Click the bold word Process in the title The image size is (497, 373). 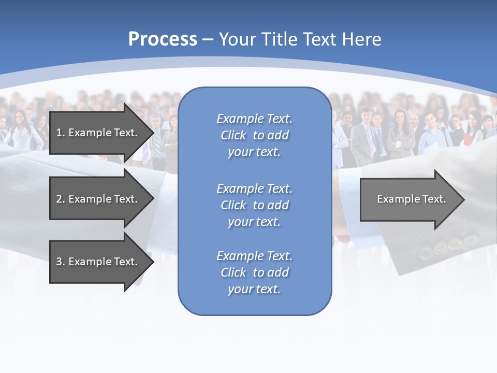(163, 39)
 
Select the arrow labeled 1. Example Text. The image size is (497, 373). (98, 133)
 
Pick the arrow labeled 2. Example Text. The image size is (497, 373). (98, 199)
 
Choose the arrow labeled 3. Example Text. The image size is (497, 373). (98, 262)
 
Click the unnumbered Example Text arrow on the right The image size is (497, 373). (411, 199)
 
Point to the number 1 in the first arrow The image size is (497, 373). (59, 133)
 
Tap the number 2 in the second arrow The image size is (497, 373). (59, 199)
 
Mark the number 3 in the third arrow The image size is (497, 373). (59, 262)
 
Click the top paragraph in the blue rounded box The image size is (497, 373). (254, 135)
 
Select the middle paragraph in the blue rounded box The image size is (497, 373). (254, 205)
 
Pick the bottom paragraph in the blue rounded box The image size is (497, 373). (254, 272)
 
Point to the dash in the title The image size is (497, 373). (208, 39)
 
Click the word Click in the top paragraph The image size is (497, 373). (233, 135)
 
